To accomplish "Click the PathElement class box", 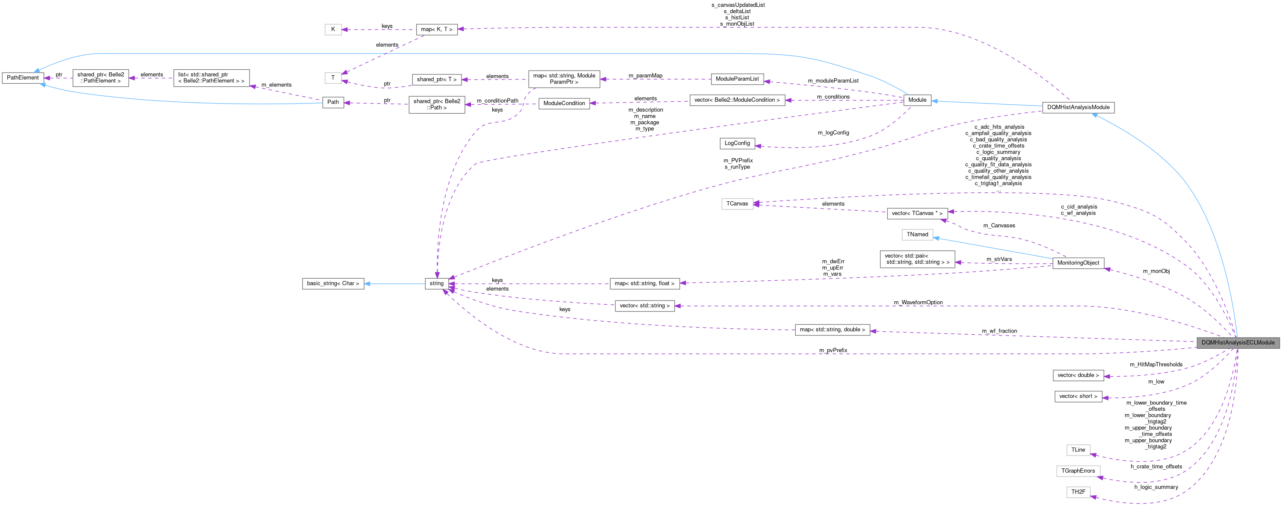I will [x=23, y=78].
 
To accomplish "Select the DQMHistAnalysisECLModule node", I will [x=1238, y=343].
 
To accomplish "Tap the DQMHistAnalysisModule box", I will [x=1078, y=107].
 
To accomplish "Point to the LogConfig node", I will [x=737, y=143].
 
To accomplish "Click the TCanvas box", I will [x=737, y=203].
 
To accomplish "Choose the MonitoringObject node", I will [x=1078, y=263].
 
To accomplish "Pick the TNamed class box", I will [x=917, y=234].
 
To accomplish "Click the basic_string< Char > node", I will [x=332, y=284].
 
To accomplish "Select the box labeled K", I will [x=333, y=29].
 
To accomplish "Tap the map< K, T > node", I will [x=436, y=29].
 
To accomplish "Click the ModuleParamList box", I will [x=737, y=79].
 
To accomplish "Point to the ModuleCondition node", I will [x=564, y=103].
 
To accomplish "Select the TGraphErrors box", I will [x=1078, y=471].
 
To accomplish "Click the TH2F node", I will [x=1078, y=492].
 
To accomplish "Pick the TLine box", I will [x=1078, y=450].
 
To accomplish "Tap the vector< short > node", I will [x=1078, y=397].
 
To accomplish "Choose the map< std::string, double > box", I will [x=832, y=330].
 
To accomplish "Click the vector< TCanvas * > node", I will [x=917, y=213].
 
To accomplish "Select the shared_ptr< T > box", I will [x=436, y=79].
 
